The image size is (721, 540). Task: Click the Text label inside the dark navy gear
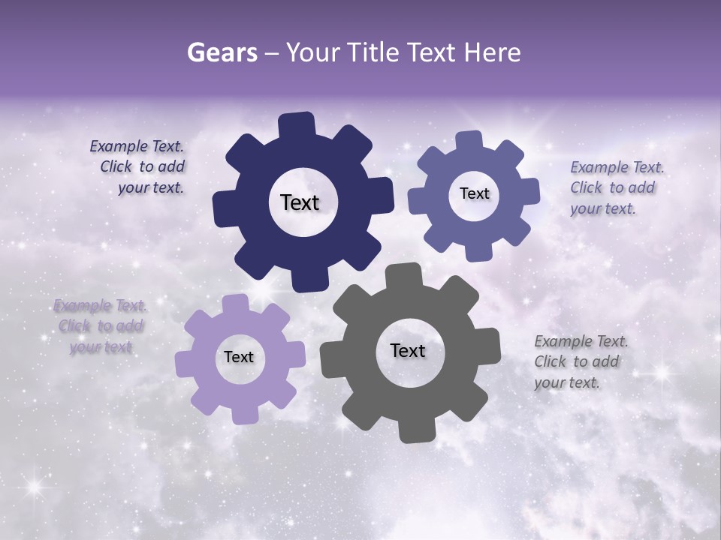click(x=300, y=202)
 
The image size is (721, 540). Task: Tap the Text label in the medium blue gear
click(x=474, y=193)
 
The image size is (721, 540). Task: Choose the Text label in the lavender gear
click(x=239, y=357)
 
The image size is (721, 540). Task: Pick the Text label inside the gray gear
click(x=408, y=350)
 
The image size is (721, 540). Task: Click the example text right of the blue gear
click(x=616, y=187)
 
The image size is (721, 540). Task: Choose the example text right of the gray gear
click(x=580, y=361)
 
